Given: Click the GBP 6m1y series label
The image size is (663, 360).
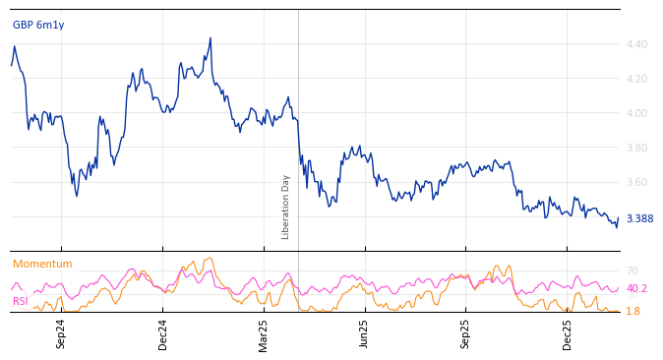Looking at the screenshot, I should [38, 25].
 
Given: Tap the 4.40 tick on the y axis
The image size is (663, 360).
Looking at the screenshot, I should [636, 44].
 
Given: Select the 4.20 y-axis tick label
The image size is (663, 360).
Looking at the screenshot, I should [636, 79].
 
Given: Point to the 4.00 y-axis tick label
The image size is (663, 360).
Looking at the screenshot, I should [636, 113].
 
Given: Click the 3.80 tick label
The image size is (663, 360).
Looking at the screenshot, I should [636, 148].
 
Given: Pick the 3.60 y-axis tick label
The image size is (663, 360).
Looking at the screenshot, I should [636, 182].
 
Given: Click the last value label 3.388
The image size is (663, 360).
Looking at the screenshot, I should [639, 219].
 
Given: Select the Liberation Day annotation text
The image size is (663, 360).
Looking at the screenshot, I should [286, 207].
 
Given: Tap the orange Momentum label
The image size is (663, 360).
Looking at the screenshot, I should [42, 264].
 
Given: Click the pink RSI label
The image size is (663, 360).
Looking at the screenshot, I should [21, 301].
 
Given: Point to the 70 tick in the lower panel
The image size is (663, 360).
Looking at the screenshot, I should [633, 270].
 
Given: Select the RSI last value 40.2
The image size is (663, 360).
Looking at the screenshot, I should [636, 289].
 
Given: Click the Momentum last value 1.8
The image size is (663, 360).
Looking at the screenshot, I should [633, 311].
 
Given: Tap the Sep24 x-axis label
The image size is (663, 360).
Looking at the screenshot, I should [61, 333].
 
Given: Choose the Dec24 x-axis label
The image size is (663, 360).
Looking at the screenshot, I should [163, 333].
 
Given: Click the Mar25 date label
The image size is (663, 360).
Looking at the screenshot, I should [264, 333].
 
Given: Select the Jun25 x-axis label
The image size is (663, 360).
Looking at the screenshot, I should [365, 333].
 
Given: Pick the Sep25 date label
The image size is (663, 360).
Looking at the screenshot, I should [466, 333].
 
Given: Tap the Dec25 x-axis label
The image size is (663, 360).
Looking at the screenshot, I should [568, 333].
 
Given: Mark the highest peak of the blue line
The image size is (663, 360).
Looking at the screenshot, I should [211, 38].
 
